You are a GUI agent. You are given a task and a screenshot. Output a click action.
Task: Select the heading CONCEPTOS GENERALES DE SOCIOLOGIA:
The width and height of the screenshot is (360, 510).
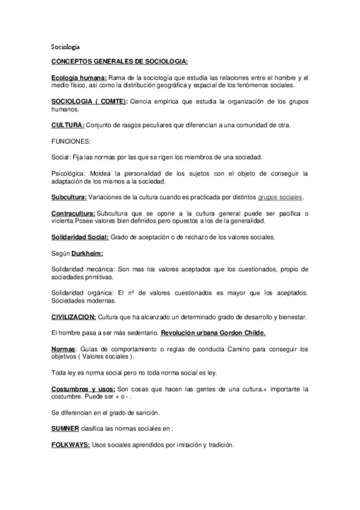pos(119,62)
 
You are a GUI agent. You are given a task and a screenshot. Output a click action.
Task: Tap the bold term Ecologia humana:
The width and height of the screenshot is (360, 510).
pos(79,78)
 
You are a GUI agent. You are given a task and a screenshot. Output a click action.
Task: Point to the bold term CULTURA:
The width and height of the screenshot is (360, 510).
pos(68,125)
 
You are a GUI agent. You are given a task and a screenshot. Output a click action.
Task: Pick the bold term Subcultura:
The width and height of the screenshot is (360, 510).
pos(69,197)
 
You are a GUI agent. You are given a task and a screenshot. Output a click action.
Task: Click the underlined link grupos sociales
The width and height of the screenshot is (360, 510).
pos(279,197)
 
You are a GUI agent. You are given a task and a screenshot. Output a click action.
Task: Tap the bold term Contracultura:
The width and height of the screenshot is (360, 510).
pos(73,214)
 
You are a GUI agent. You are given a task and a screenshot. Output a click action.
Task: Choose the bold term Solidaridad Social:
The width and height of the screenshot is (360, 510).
pos(80,237)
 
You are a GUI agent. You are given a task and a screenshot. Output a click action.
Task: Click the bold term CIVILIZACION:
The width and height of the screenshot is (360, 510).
pos(73,316)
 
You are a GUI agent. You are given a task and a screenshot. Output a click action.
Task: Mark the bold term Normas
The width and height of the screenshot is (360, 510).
pos(63,349)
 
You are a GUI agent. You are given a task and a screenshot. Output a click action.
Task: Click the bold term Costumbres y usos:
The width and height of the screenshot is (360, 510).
pos(84,389)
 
